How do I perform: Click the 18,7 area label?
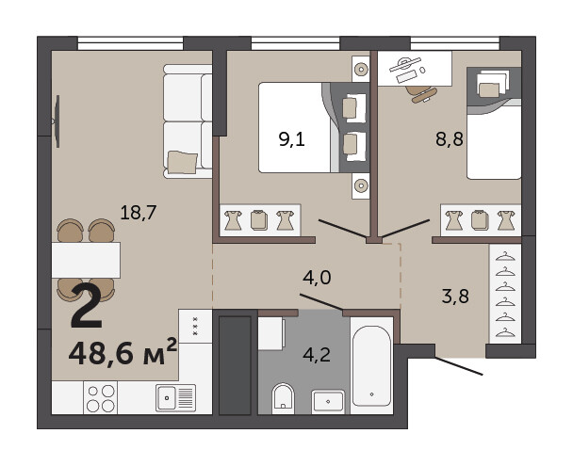[139, 213]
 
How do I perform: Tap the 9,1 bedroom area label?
[291, 139]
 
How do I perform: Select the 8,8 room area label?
[450, 139]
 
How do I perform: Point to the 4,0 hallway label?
[317, 278]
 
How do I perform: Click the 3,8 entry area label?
[455, 297]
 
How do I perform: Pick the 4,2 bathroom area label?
[317, 355]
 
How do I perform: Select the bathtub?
[371, 366]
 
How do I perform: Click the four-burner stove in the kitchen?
[101, 398]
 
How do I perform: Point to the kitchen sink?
[175, 398]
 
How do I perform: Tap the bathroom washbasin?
[328, 402]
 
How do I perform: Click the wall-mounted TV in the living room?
[57, 121]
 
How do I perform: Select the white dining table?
[86, 260]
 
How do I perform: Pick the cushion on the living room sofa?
[182, 162]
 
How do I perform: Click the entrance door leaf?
[459, 366]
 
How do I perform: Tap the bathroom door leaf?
[321, 302]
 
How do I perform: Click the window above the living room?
[130, 43]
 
